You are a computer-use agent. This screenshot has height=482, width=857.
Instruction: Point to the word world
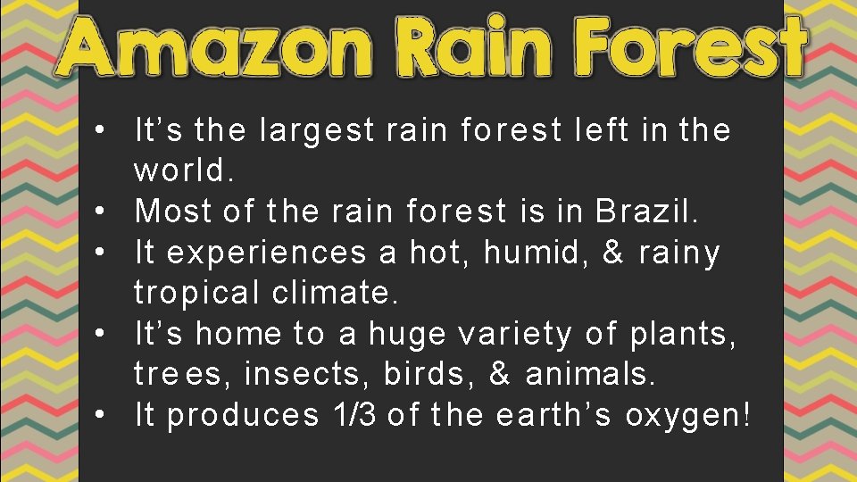click(184, 169)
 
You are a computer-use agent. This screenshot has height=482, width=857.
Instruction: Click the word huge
click(407, 334)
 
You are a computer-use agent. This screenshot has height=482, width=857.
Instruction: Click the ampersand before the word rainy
click(613, 253)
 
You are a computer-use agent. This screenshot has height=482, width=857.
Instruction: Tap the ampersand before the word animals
click(500, 374)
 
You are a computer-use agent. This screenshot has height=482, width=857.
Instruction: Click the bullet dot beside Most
click(105, 212)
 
